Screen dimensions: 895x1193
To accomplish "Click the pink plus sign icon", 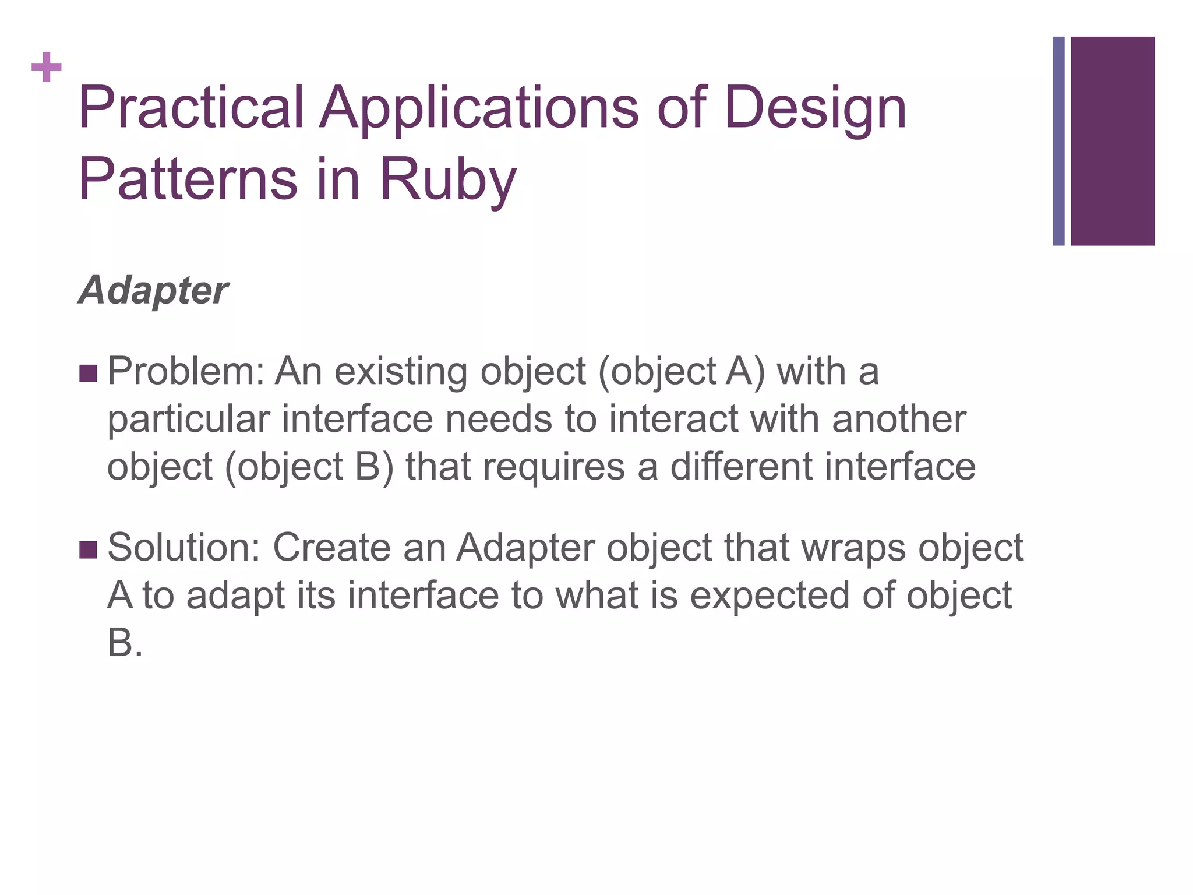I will (47, 68).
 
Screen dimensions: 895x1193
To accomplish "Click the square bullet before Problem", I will (87, 373).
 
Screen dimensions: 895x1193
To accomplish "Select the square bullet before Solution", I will (87, 549).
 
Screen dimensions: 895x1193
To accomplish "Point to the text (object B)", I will (309, 468).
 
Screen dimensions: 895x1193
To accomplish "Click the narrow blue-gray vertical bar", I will (1058, 141).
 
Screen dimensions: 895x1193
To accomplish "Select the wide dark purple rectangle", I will (1113, 141).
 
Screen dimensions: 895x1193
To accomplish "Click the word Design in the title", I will (816, 108).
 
